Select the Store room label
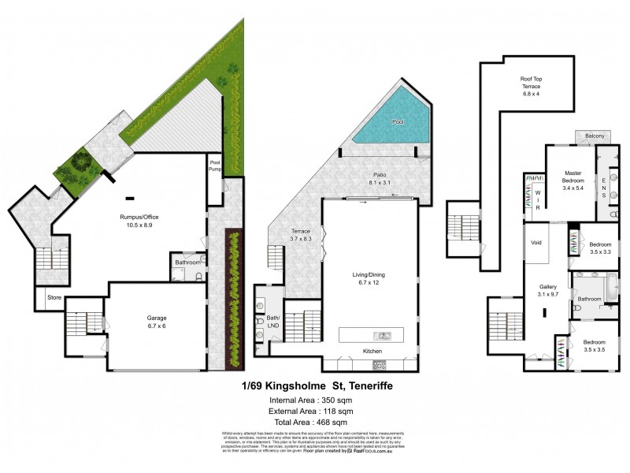(x=54, y=298)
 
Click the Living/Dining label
(x=369, y=278)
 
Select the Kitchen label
(x=372, y=351)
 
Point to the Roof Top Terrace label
(x=535, y=85)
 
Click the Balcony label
(x=595, y=137)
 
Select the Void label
(x=537, y=243)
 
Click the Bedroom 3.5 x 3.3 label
(x=601, y=248)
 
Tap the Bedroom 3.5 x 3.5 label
(x=595, y=346)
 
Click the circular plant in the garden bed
(x=80, y=164)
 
